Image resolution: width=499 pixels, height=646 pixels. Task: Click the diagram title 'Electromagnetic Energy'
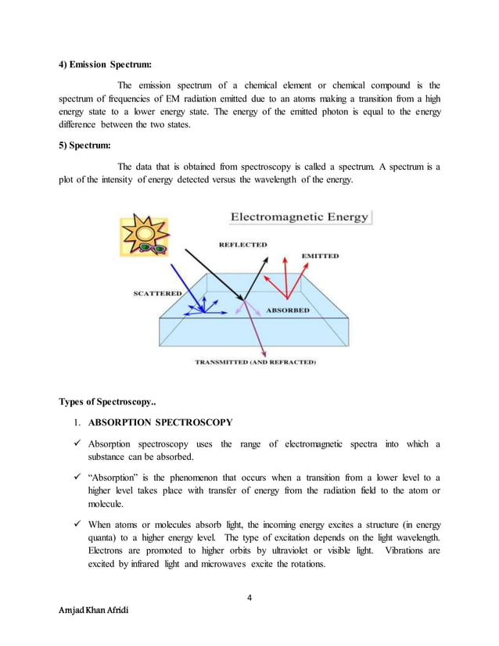pos(298,218)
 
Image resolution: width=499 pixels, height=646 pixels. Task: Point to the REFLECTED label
pos(242,245)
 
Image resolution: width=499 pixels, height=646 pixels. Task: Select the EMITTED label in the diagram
pos(321,256)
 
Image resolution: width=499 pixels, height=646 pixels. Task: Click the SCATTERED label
pos(156,293)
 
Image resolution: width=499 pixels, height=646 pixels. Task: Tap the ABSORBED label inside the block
pos(288,310)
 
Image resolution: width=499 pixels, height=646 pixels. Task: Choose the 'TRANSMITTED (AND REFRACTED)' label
pos(255,363)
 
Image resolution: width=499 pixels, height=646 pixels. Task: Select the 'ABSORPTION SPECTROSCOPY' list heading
pos(160,423)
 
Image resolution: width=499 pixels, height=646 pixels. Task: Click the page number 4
pos(249,598)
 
